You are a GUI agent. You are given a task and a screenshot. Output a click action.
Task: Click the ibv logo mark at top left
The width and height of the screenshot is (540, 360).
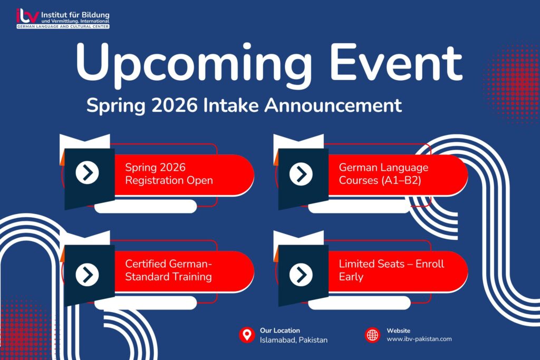point(27,15)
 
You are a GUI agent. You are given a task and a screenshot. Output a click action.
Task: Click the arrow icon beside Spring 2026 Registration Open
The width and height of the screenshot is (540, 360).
point(87,173)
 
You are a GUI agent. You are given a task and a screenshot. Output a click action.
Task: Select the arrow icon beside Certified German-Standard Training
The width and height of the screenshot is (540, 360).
point(87,275)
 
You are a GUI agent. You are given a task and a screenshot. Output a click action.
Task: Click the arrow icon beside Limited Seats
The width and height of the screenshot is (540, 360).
point(301,275)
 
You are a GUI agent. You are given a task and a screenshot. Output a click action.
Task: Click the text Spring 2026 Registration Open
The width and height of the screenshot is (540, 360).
point(169,174)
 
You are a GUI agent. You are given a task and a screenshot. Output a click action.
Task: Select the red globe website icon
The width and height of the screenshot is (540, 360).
point(372,335)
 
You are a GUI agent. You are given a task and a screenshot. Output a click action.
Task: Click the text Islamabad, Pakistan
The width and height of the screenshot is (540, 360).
point(293,340)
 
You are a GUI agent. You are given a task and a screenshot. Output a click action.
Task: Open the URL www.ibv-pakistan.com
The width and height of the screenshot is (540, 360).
point(419,339)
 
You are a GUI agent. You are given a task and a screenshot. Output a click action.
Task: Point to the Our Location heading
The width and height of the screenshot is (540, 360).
point(279,330)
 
